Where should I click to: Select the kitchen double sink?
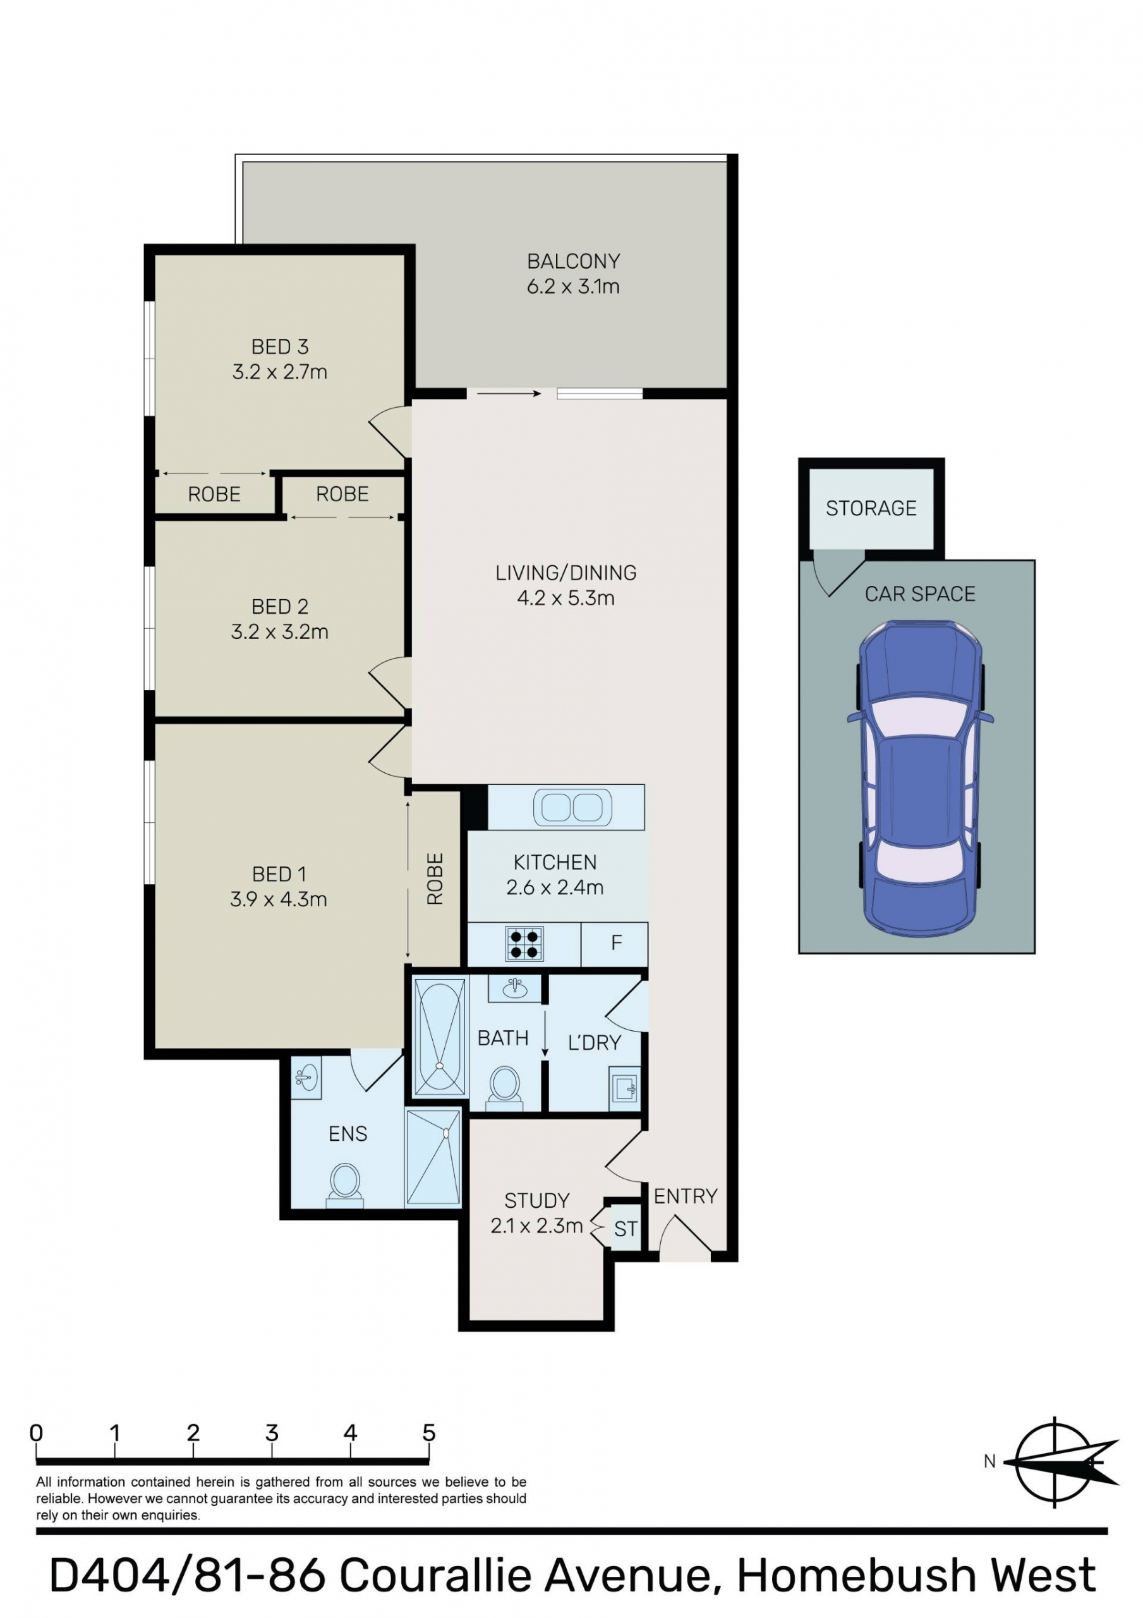572,807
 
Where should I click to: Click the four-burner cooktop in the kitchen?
524,944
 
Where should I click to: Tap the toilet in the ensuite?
344,1184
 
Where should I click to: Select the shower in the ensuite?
433,1157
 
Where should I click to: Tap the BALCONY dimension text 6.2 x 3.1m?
573,287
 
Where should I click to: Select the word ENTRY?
685,1196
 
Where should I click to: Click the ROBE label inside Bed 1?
435,879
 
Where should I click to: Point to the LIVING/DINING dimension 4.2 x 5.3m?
566,599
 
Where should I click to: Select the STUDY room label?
536,1200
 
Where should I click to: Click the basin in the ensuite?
306,1077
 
